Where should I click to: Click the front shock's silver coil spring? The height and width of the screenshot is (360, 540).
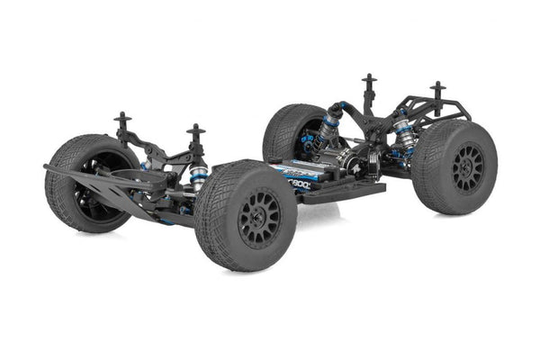point(199,175)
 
